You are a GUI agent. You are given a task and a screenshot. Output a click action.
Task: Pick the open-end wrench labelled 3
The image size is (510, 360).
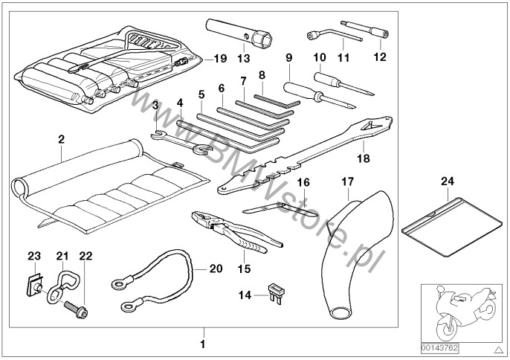click(179, 141)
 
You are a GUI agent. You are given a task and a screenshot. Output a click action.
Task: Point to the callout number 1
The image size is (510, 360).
click(202, 344)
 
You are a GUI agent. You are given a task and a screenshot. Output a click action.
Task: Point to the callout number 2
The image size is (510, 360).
click(61, 138)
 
